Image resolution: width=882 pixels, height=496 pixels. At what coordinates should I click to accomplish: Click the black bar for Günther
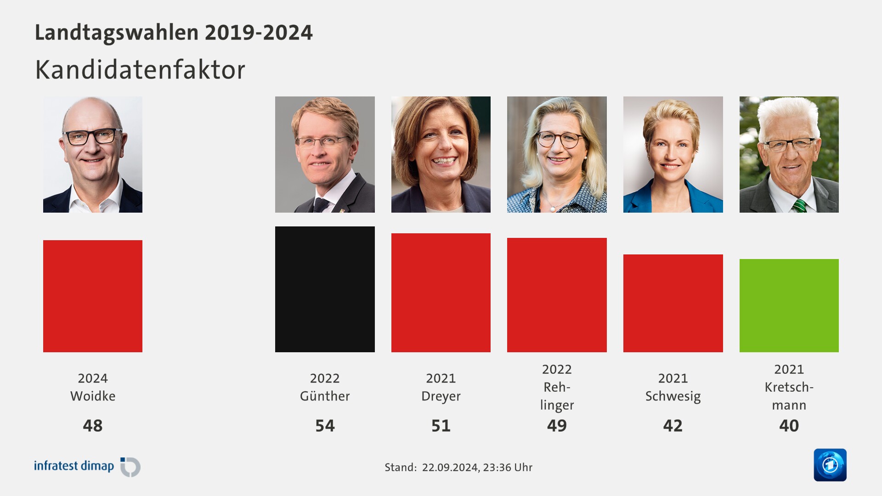(325, 289)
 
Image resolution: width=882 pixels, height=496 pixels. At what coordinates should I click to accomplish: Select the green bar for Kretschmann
(789, 305)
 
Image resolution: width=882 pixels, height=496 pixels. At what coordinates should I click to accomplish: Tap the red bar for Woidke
(93, 296)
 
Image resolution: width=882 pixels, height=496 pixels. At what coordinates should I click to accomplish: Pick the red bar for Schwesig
(673, 303)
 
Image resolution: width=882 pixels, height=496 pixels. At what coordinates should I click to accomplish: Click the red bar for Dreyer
(441, 293)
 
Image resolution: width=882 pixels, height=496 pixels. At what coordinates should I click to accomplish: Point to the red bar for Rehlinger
(557, 295)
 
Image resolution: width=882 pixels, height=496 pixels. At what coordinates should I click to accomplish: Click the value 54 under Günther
(325, 426)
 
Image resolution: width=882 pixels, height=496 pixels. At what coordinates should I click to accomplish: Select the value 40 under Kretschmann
(789, 426)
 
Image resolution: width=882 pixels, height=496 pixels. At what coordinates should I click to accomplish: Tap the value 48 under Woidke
(93, 426)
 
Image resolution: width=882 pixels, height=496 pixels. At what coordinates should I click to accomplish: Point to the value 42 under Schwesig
(673, 426)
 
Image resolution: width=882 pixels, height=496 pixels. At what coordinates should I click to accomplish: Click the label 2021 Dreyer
(441, 387)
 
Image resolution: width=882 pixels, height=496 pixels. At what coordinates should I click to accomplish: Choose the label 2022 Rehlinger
(557, 387)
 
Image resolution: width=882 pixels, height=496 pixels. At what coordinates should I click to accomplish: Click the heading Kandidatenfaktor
(140, 70)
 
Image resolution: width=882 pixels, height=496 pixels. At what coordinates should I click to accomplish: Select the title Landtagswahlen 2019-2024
(174, 33)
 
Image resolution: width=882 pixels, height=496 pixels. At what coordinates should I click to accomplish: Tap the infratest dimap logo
(87, 467)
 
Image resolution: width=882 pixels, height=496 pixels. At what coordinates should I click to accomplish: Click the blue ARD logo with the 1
(830, 465)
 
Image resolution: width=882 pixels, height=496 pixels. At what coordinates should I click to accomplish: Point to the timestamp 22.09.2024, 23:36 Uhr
(477, 468)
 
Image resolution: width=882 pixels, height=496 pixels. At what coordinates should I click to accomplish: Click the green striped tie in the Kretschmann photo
(799, 206)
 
